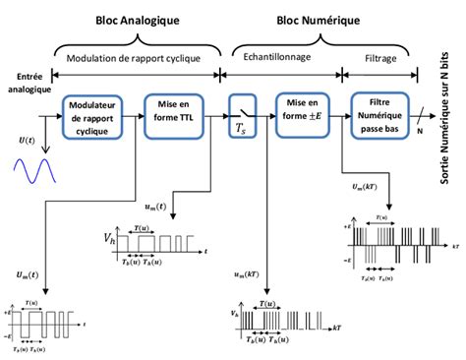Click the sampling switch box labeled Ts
(242, 116)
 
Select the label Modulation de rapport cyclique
(132, 58)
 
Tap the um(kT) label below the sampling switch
(225, 275)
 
